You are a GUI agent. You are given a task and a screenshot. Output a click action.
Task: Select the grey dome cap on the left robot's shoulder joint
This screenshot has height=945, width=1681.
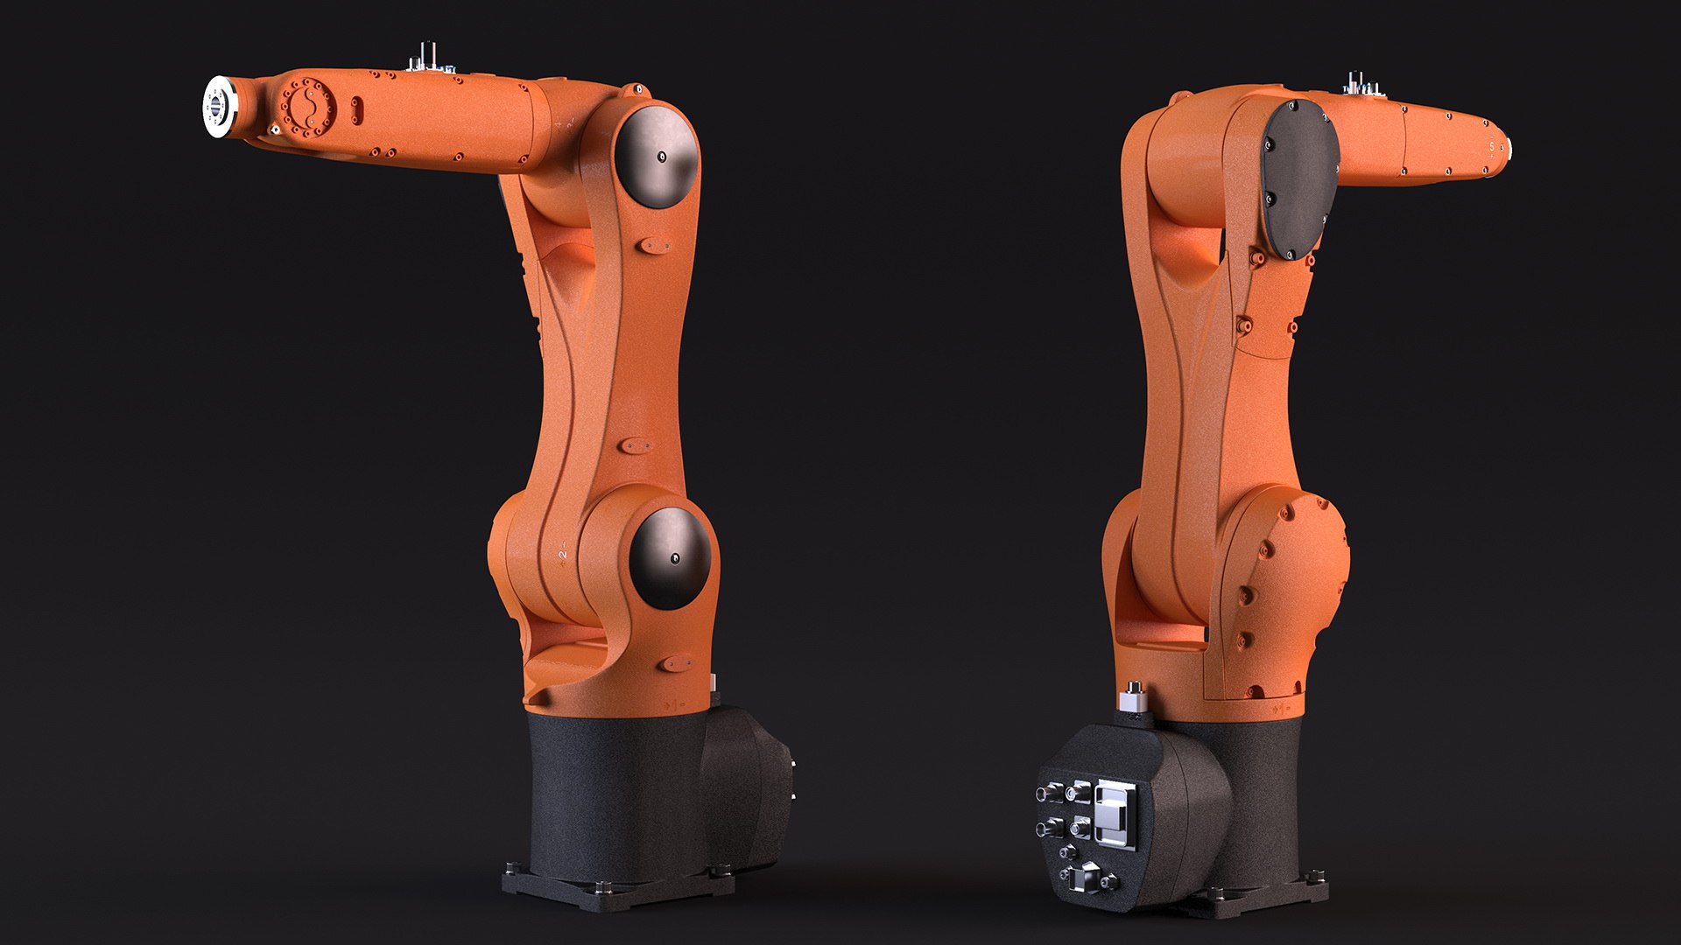(672, 557)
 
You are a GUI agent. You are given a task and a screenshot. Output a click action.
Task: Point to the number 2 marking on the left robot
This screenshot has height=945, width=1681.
(563, 554)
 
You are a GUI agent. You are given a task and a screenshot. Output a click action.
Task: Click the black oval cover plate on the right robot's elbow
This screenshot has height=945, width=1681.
(1300, 179)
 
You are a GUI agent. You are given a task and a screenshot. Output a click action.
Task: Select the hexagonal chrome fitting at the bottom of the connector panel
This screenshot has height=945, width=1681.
(1090, 878)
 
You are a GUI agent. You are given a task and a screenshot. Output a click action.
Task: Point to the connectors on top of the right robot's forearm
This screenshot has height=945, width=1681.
(1361, 83)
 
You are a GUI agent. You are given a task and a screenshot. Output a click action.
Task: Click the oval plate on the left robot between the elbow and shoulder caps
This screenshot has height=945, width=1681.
(631, 446)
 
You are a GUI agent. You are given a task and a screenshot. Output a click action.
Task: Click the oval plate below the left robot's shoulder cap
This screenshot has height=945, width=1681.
(676, 662)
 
